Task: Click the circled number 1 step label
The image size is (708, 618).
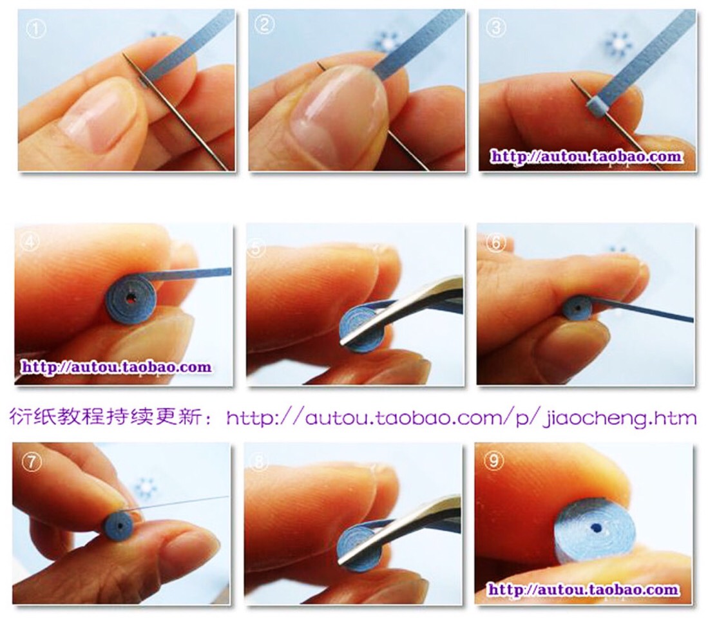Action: pyautogui.click(x=35, y=30)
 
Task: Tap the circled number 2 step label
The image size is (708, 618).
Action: pyautogui.click(x=263, y=24)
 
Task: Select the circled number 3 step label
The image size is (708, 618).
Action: pyautogui.click(x=495, y=28)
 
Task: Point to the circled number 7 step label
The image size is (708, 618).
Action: pyautogui.click(x=32, y=462)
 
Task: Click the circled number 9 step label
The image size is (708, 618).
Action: pyautogui.click(x=493, y=460)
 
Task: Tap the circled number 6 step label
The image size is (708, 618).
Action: pyautogui.click(x=495, y=243)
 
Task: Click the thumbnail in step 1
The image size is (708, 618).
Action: pyautogui.click(x=95, y=113)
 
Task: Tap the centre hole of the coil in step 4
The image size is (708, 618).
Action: pyautogui.click(x=131, y=298)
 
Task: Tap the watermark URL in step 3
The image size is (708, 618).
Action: pyautogui.click(x=586, y=156)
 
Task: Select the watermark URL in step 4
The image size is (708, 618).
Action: pyautogui.click(x=116, y=367)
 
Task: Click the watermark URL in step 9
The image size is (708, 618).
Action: pyautogui.click(x=584, y=589)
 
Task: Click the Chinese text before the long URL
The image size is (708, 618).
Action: pyautogui.click(x=111, y=417)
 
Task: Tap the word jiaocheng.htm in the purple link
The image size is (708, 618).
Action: pyautogui.click(x=620, y=418)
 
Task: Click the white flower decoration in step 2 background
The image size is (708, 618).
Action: pyautogui.click(x=387, y=43)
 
